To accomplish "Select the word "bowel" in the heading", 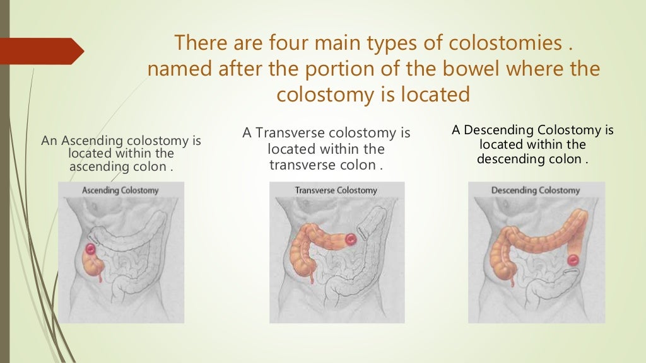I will (x=454, y=69).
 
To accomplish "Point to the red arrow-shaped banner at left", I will (x=41, y=51).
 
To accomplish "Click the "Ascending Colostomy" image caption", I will (x=120, y=190).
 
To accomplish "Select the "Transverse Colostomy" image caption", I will (x=336, y=190).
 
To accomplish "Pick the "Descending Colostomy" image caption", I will (x=535, y=190).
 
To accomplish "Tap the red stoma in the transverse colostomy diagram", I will (x=349, y=239).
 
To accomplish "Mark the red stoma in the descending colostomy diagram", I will (x=573, y=259).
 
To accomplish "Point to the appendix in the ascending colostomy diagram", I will (x=100, y=275).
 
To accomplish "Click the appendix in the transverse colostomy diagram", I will (x=310, y=275).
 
